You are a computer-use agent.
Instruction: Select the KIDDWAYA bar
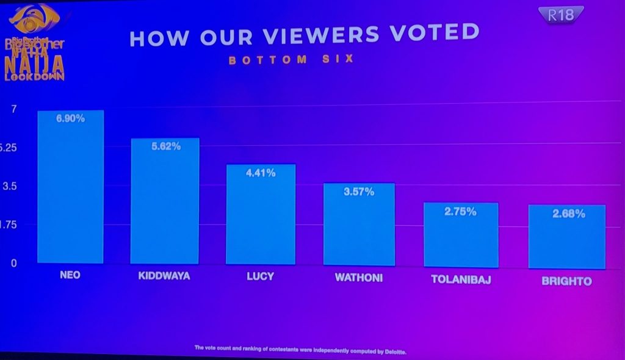(165, 201)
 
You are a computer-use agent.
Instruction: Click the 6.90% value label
(70, 119)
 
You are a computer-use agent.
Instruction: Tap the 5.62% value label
(165, 146)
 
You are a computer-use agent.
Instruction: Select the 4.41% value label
(261, 173)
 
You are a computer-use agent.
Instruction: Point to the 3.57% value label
(359, 192)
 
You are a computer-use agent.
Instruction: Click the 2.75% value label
(461, 212)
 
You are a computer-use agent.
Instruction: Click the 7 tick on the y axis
(12, 109)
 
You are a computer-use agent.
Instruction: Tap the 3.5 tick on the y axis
(10, 186)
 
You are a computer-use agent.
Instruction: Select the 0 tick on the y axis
(13, 264)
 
